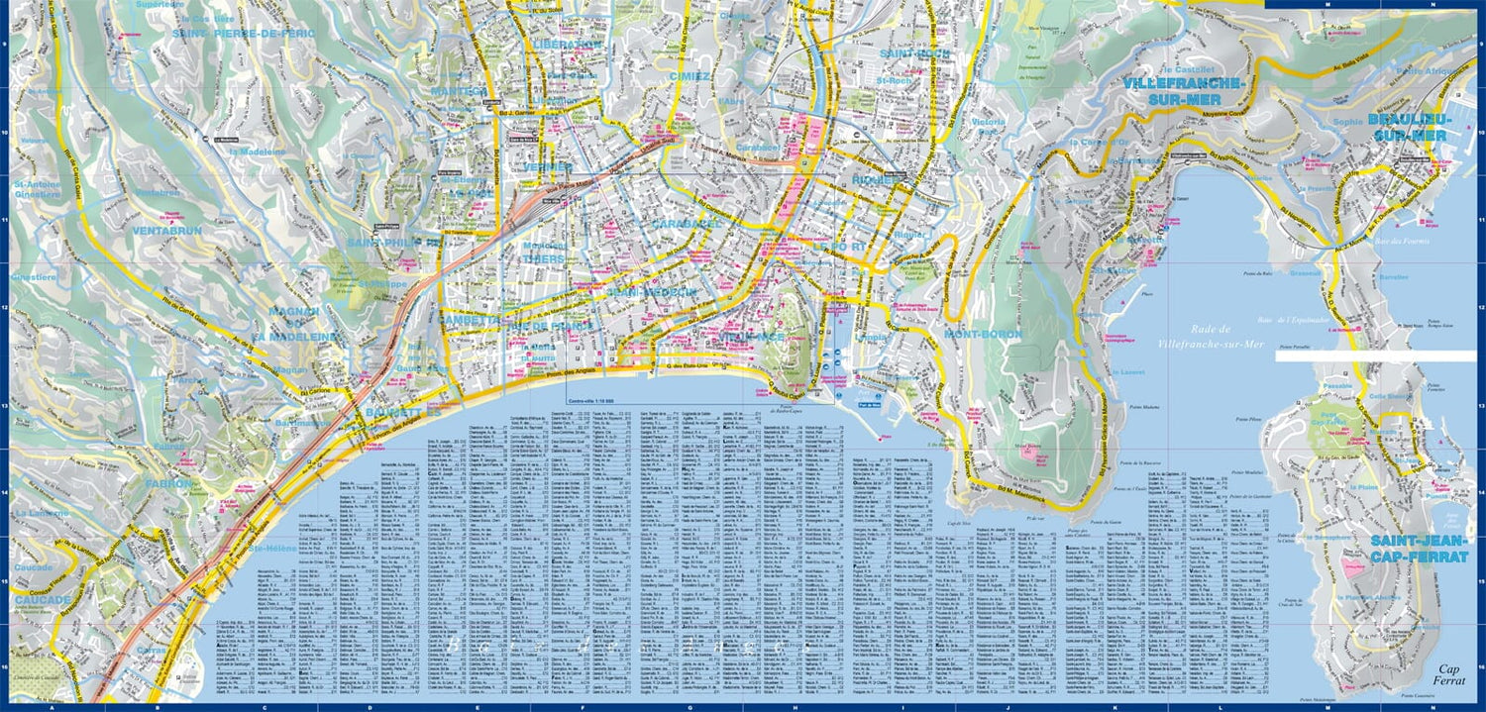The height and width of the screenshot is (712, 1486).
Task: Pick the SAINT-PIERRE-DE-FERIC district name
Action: coord(243,33)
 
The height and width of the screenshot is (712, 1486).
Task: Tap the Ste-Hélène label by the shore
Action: coord(267,547)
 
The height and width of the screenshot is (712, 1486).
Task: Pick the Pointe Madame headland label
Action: coord(1143,406)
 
